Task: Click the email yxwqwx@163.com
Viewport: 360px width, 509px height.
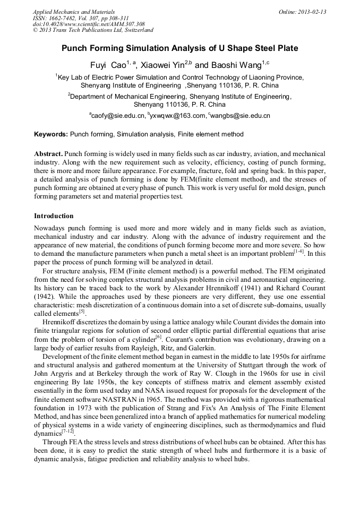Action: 179,115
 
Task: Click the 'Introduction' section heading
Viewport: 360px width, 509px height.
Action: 54,216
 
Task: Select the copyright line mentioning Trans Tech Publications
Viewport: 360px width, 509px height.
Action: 93,31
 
